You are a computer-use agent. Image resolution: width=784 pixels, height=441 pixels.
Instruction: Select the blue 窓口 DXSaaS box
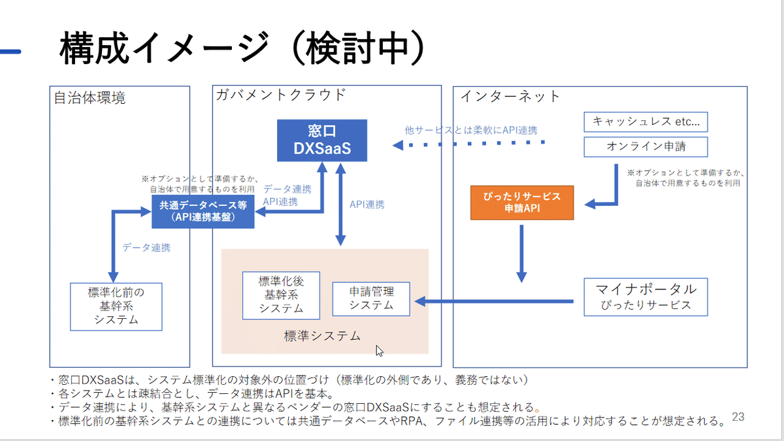(x=321, y=140)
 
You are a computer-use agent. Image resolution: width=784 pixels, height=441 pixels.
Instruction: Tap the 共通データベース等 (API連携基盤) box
(x=203, y=211)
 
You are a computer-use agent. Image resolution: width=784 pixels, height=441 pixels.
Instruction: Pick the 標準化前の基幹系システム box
(x=116, y=306)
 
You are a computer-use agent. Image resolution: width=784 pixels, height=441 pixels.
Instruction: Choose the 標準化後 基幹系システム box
(x=281, y=295)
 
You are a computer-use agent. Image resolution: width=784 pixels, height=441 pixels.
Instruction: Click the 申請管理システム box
(x=371, y=299)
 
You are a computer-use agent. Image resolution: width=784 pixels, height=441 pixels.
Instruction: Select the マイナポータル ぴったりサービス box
(x=645, y=297)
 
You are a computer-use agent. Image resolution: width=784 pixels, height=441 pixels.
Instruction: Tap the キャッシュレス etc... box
(x=645, y=122)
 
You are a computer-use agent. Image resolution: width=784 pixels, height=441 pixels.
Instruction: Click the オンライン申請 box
(x=645, y=146)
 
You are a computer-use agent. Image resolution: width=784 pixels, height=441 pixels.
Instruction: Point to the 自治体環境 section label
(x=90, y=99)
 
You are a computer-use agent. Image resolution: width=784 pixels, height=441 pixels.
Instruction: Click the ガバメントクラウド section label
(x=280, y=95)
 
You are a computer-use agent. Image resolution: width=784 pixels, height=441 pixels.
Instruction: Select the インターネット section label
(x=510, y=97)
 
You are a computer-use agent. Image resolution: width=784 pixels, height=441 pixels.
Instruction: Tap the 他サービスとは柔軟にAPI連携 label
(x=471, y=130)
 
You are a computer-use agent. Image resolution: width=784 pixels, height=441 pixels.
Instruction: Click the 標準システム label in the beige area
(x=322, y=336)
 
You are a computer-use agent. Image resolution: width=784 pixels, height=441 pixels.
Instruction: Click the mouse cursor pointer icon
(x=379, y=351)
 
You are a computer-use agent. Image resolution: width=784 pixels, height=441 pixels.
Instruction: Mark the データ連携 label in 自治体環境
(x=146, y=248)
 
